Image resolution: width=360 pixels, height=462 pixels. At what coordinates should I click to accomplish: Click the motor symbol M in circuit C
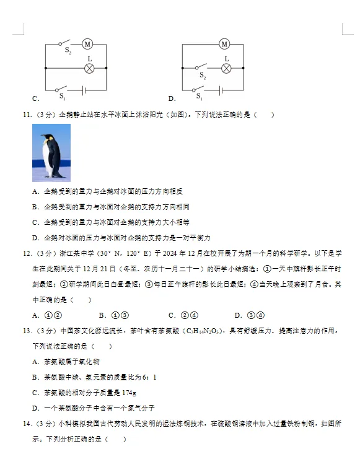87,44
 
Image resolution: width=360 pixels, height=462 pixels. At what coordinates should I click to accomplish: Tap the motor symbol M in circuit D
224,44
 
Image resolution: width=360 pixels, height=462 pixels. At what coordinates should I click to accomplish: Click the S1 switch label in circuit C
62,97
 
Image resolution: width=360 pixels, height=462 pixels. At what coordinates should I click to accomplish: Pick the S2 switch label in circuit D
202,75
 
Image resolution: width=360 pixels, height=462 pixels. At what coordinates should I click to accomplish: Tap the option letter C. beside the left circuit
36,98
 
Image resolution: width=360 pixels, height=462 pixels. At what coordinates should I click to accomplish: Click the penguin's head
47,139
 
